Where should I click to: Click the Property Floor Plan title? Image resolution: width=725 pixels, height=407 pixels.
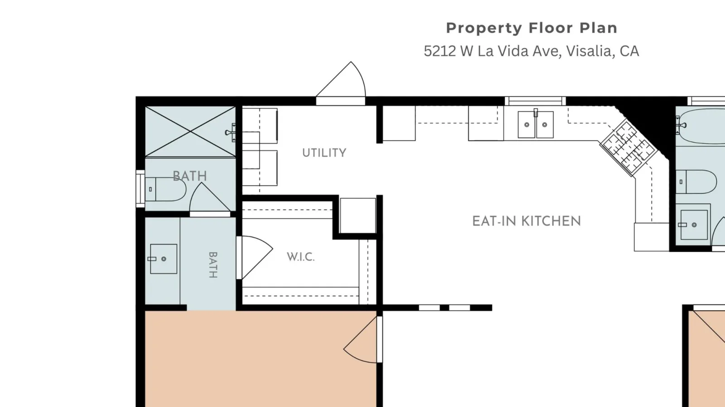[532, 28]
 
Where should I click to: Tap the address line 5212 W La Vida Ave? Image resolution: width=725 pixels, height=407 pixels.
[532, 51]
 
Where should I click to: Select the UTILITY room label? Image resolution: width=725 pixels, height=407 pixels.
[324, 153]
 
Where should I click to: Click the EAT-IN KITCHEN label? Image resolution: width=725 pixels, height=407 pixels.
[527, 221]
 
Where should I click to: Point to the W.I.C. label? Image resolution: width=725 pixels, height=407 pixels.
[301, 257]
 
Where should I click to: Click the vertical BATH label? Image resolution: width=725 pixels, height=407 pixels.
[213, 265]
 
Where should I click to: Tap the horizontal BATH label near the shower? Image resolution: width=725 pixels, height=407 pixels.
[190, 176]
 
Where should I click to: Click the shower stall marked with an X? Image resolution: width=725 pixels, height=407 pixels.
[190, 132]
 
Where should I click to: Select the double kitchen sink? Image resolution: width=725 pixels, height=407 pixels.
[536, 124]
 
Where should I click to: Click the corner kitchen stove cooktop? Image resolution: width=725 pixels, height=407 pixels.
[628, 148]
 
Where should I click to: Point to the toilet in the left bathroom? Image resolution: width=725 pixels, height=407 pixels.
[165, 189]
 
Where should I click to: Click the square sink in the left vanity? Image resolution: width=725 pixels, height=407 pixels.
[164, 259]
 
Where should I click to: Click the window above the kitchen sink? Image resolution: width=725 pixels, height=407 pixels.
[535, 101]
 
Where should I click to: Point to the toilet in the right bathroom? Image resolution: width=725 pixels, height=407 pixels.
[696, 182]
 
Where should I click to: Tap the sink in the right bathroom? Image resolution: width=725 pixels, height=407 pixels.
[694, 225]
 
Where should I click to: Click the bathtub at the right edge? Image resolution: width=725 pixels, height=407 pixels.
[701, 126]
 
